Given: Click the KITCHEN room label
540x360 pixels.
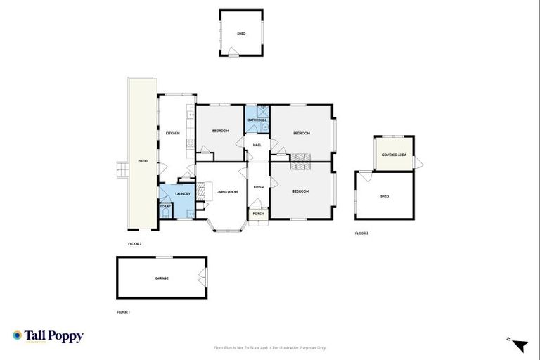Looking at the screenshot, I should tap(172, 133).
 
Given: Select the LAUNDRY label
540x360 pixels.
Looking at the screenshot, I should tap(183, 194).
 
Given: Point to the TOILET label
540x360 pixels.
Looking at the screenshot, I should tap(165, 206).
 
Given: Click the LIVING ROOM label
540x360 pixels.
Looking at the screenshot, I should tap(226, 192).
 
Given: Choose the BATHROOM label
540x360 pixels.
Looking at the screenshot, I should tap(257, 120).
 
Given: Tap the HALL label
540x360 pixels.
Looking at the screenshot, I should tap(257, 145).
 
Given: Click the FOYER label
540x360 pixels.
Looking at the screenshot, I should tap(258, 187).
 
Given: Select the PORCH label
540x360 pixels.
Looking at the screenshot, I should tap(258, 213).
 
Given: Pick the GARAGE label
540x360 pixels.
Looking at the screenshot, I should tap(162, 278).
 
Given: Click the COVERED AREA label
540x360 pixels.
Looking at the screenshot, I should tap(394, 155).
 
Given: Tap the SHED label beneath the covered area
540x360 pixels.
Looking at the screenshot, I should tap(384, 197).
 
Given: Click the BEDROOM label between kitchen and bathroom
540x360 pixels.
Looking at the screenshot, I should tap(220, 131).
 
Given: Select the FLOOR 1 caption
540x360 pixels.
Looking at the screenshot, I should tap(124, 311).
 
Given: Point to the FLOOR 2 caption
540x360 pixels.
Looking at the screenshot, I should tap(135, 243).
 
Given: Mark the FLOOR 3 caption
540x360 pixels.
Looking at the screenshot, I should tap(361, 233).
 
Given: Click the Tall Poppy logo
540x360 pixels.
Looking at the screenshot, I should tap(48, 336).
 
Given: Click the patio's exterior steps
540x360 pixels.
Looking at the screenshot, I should tap(122, 169).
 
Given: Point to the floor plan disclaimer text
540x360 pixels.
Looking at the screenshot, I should tap(269, 347).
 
